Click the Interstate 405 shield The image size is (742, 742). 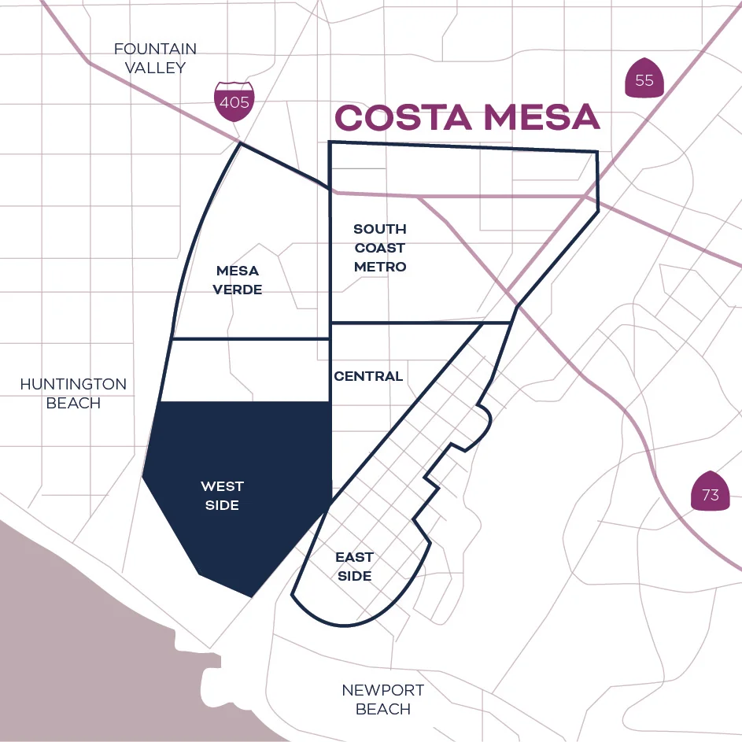[x=234, y=100]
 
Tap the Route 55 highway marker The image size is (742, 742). [x=644, y=78]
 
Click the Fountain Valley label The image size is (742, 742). [x=155, y=58]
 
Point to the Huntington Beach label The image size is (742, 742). [x=73, y=393]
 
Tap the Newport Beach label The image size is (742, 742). [x=382, y=700]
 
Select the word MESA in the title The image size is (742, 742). [x=542, y=118]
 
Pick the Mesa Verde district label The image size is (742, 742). [x=238, y=280]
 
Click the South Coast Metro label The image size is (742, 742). [x=380, y=248]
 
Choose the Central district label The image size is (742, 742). [x=368, y=376]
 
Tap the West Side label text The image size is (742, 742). [x=222, y=496]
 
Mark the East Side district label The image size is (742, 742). [x=354, y=567]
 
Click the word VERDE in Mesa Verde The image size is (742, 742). [x=238, y=290]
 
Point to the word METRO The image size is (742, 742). [x=380, y=267]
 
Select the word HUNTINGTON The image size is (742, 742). [x=73, y=384]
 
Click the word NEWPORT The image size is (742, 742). [x=382, y=690]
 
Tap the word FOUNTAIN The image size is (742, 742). [x=155, y=49]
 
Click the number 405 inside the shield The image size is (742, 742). [x=234, y=102]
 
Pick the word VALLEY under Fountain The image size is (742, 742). [x=155, y=68]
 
